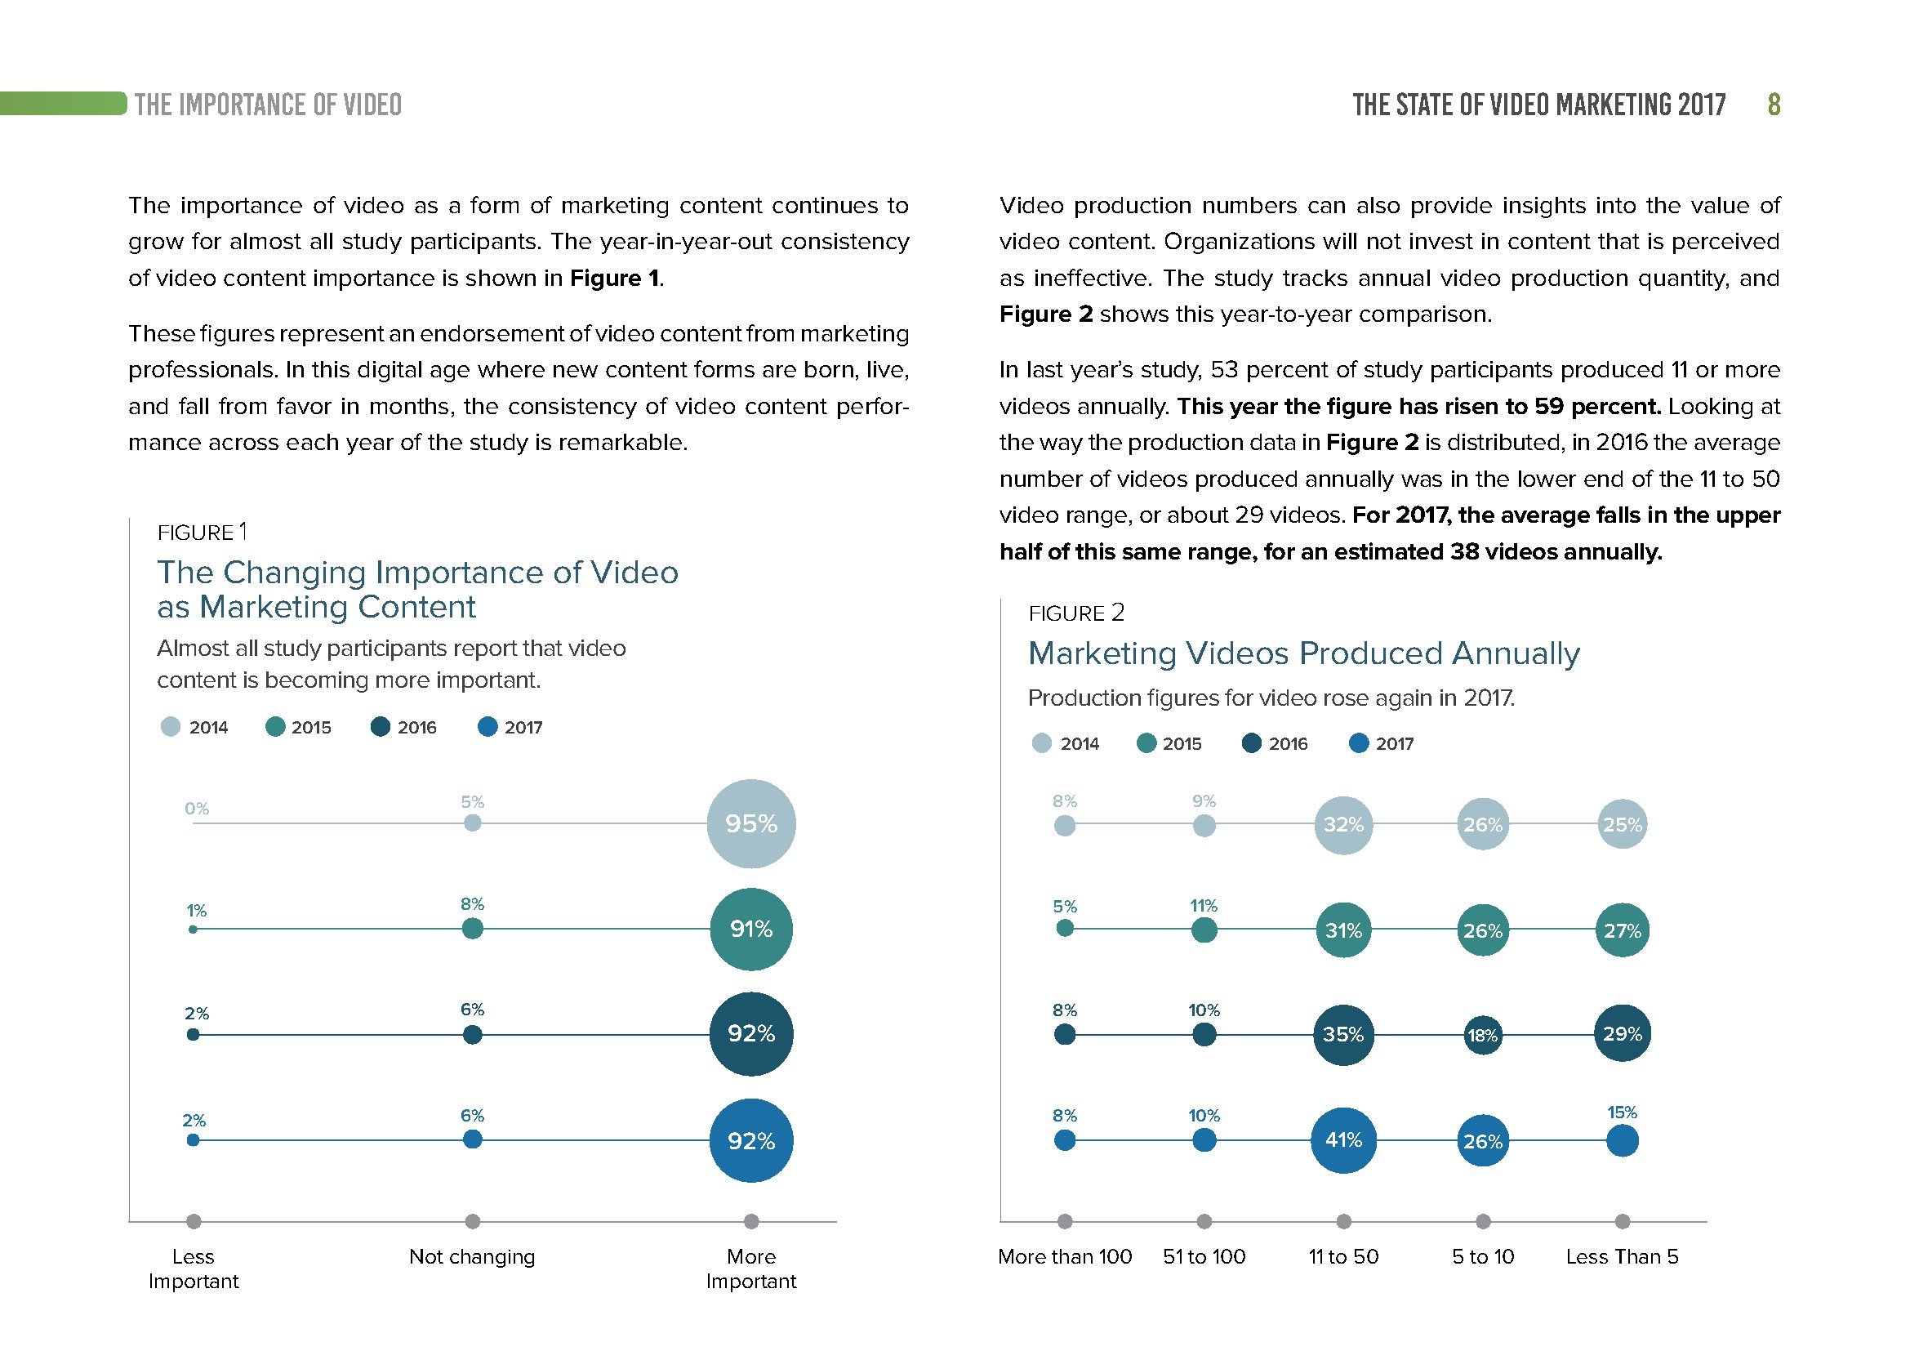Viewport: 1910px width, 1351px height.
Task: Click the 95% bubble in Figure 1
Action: point(750,823)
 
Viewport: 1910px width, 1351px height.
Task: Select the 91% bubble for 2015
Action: point(750,929)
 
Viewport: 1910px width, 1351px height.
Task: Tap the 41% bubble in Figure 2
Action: point(1342,1139)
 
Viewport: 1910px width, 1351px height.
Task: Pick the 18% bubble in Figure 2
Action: point(1482,1035)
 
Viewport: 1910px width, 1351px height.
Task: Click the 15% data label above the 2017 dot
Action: point(1622,1112)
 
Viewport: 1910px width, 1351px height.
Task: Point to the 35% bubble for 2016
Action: point(1342,1034)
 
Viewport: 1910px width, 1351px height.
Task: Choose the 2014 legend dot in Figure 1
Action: point(171,727)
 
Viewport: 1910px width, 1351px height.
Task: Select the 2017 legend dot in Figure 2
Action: point(1358,742)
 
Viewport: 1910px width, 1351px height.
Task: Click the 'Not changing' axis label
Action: point(472,1256)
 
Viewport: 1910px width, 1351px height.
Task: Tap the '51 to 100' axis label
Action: point(1204,1256)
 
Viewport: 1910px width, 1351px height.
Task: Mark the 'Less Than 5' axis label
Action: point(1622,1256)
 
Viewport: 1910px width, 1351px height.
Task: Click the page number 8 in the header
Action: point(1774,105)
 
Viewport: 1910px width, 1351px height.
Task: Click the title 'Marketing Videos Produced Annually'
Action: point(1303,653)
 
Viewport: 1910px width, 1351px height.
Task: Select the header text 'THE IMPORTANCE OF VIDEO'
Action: point(268,105)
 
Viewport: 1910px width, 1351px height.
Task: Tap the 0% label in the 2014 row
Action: point(197,808)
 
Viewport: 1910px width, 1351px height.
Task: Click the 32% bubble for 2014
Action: point(1342,824)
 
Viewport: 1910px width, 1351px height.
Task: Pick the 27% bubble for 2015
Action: point(1622,930)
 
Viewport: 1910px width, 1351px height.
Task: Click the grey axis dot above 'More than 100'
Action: point(1064,1221)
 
